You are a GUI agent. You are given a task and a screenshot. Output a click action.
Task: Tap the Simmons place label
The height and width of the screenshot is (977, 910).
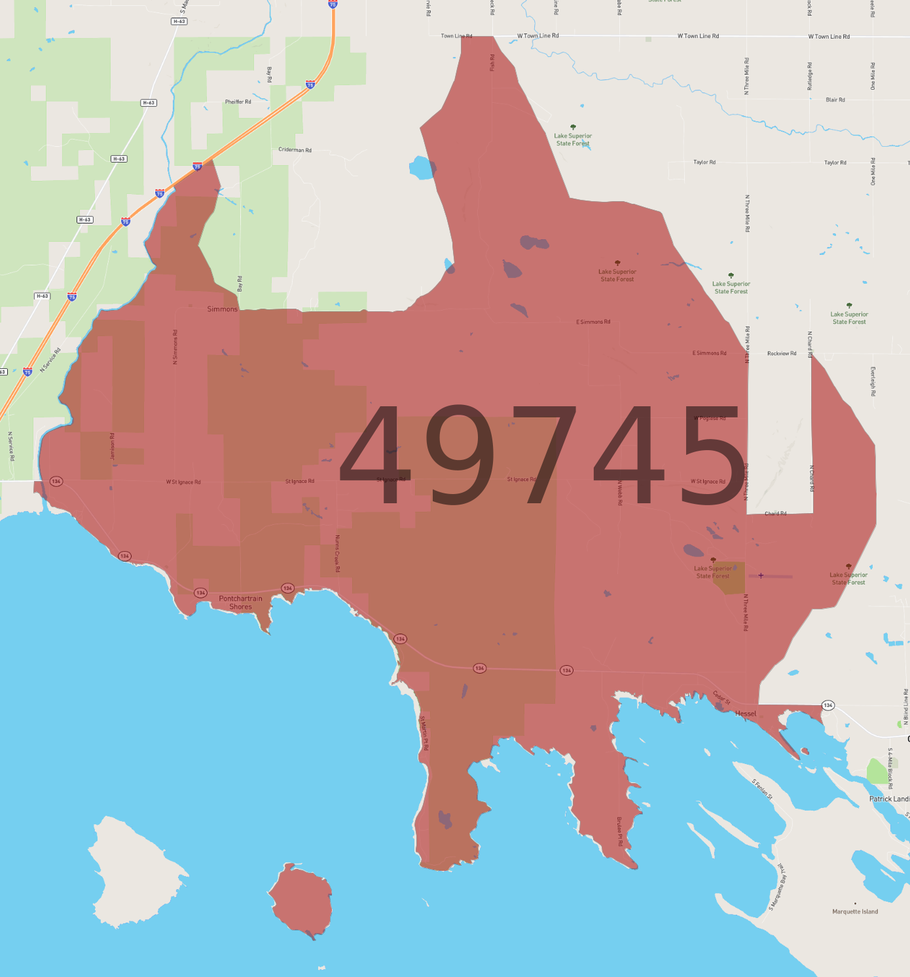[x=222, y=309]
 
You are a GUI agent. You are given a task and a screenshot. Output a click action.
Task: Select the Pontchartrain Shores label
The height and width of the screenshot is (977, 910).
[x=240, y=603]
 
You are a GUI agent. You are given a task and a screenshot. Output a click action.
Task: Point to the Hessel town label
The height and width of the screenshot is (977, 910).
[x=746, y=714]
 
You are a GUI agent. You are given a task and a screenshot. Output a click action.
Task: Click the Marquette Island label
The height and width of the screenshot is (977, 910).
[x=855, y=911]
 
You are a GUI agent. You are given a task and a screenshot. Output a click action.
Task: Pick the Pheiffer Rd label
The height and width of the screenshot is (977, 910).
[x=238, y=102]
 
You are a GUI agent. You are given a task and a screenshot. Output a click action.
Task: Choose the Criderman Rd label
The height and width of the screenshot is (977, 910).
[x=295, y=150]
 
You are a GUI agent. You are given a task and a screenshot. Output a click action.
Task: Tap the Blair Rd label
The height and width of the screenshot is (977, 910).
[x=835, y=100]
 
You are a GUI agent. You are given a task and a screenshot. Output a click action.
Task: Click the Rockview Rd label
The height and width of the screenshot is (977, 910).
[x=782, y=354]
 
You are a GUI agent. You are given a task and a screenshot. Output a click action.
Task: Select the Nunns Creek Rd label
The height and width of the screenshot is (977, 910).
[x=338, y=554]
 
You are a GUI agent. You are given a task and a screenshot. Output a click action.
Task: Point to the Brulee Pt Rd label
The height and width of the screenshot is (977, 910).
[x=619, y=831]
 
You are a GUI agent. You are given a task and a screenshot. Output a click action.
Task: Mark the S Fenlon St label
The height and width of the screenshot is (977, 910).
[x=762, y=789]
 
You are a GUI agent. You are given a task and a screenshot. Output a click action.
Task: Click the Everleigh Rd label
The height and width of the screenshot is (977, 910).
[x=873, y=381]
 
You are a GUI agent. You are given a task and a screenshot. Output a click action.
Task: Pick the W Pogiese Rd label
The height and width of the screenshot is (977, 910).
[x=710, y=418]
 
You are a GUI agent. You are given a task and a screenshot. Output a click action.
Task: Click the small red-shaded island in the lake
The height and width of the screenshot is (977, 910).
[x=300, y=901]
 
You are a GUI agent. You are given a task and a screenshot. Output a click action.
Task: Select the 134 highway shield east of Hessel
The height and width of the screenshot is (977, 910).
[x=828, y=705]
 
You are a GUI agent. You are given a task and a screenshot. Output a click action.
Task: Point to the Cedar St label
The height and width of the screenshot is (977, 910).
[x=721, y=698]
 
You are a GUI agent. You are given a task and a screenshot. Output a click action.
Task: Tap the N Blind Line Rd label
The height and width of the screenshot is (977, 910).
[x=906, y=706]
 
